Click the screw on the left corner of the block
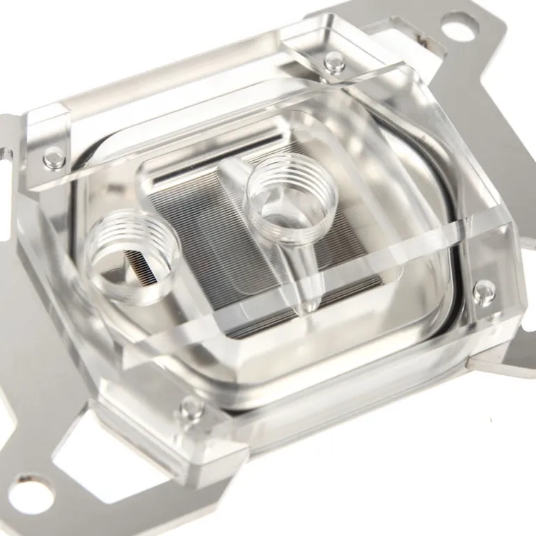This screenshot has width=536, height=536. (53, 158)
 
